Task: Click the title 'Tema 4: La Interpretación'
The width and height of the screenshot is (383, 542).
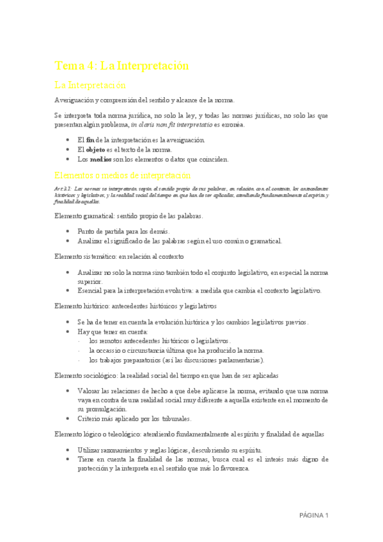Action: [x=121, y=66]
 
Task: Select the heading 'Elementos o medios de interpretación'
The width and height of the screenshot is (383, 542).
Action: [x=123, y=174]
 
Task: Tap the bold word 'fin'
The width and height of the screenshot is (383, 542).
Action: [x=90, y=139]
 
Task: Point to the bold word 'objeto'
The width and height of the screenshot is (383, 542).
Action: [x=96, y=149]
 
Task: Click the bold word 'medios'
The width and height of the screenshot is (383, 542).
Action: [x=101, y=159]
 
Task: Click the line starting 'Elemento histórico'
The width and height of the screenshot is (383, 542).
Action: [x=136, y=306]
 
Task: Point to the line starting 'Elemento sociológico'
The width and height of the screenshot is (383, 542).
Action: [x=166, y=375]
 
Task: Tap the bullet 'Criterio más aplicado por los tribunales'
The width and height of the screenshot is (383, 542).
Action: [x=134, y=419]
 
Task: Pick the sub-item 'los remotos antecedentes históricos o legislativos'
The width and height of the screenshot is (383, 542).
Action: [x=160, y=341]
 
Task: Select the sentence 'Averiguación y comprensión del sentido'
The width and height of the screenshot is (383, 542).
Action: [x=145, y=100]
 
